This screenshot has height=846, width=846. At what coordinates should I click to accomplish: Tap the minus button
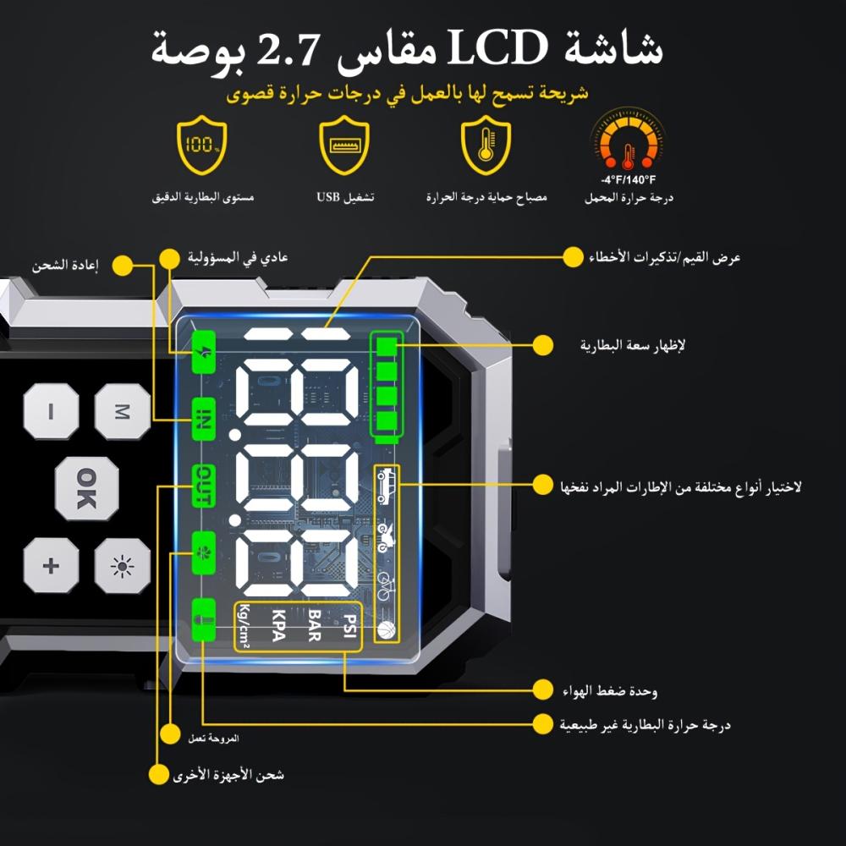(x=51, y=412)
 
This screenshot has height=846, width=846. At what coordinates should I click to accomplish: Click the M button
(x=122, y=412)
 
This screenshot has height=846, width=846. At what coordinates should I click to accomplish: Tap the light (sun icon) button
(x=122, y=564)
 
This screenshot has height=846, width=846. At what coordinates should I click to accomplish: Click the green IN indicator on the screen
(x=203, y=420)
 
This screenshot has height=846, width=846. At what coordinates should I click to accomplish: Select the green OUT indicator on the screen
(x=203, y=486)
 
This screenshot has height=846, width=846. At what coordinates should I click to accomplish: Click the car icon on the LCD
(x=387, y=485)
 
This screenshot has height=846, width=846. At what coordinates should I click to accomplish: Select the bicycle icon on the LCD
(x=386, y=584)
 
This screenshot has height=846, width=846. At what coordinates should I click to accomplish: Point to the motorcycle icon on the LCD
(x=386, y=535)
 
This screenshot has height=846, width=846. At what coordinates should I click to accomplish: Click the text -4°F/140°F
(x=628, y=180)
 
